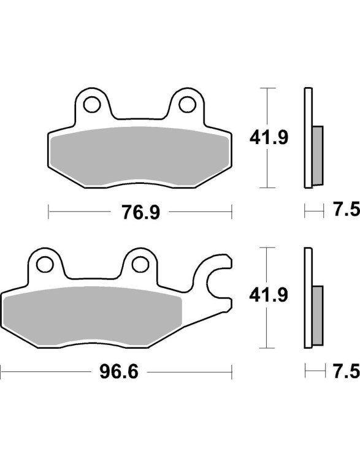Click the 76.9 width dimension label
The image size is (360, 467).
[140, 212]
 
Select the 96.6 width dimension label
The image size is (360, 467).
[119, 372]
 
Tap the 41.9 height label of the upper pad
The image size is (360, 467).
[269, 138]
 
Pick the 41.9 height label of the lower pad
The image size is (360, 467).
[269, 295]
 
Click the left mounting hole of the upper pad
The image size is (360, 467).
[91, 104]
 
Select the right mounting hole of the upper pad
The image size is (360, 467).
[187, 104]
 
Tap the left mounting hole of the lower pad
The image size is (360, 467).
[45, 264]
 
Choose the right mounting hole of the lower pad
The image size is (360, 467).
[140, 264]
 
